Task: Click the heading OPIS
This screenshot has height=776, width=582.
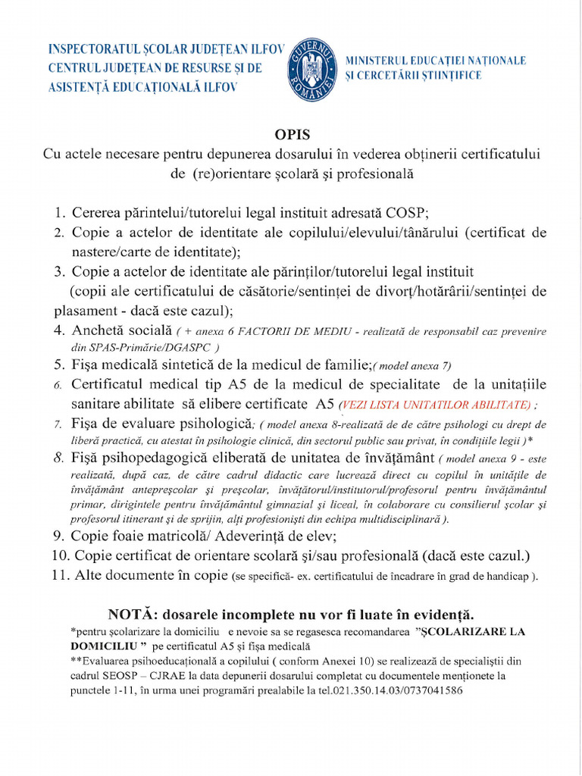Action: point(293,135)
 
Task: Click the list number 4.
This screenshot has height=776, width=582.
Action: point(60,330)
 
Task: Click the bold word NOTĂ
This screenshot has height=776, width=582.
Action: point(133,613)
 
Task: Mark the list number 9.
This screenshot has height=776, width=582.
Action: point(60,536)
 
